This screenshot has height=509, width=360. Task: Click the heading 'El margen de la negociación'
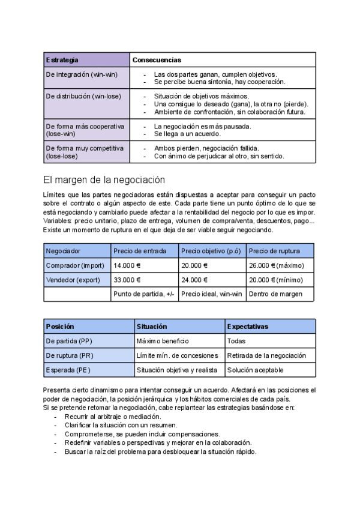[x=104, y=179]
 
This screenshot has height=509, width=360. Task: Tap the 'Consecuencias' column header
[x=157, y=60]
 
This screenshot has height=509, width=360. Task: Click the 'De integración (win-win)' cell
[x=82, y=74]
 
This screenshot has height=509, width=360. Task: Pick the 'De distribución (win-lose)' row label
[x=83, y=96]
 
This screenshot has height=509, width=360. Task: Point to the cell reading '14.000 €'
[x=127, y=265]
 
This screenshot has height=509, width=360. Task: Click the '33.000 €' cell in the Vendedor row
[x=127, y=280]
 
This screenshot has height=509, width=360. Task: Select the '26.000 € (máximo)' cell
[x=277, y=265]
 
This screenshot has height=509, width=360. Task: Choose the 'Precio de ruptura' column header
[x=273, y=250]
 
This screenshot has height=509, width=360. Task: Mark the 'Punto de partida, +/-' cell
[x=143, y=294]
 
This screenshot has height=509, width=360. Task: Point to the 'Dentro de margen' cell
[x=275, y=294]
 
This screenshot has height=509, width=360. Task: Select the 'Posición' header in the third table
[x=60, y=327]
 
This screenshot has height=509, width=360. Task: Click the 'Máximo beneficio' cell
[x=163, y=341]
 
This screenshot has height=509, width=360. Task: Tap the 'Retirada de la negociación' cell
[x=266, y=355]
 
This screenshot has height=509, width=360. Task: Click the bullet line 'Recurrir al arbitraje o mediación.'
[x=113, y=416]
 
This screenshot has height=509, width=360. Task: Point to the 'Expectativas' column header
[x=248, y=327]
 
